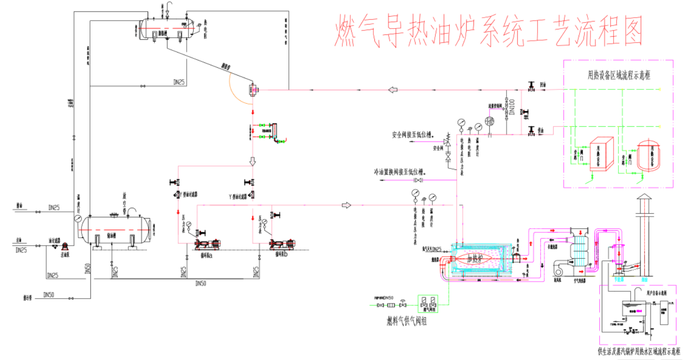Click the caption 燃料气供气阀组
click(407, 322)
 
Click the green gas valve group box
click(427, 304)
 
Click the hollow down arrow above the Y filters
click(252, 161)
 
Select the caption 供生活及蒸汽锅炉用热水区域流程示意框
click(639, 352)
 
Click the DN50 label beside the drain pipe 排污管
click(49, 295)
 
